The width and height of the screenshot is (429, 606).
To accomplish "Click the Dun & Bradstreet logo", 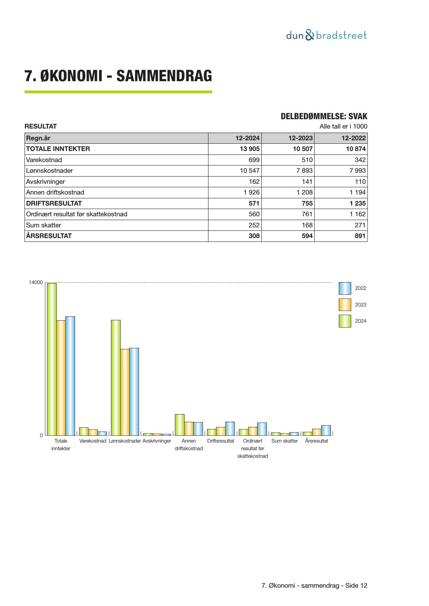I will pos(326,35).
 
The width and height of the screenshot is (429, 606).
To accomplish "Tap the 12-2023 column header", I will pos(300,138).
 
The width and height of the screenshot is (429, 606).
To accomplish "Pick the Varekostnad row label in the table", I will pos(44,160).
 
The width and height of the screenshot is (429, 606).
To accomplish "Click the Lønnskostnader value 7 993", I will pos(357,171).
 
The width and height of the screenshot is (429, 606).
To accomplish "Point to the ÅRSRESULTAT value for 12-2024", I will pos(254,236).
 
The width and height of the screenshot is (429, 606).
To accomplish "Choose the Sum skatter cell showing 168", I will pos(307,225).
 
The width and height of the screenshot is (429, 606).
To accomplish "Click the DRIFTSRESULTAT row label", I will pos(54,203).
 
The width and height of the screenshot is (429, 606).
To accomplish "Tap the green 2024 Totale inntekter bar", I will pos(52,359).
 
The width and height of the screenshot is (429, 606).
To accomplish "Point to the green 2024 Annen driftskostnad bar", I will pos(179,425).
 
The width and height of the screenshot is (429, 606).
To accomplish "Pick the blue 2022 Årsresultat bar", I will pos(326,430).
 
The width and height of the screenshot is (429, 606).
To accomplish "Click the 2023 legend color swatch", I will pos(345,305).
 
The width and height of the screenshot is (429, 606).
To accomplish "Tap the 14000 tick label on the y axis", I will pos(36,283).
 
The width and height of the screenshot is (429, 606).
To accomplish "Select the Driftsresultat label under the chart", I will pos(221,441).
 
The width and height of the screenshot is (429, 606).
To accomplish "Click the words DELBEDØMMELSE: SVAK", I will pos(324,116).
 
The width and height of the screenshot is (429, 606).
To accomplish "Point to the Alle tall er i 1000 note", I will pos(343,126).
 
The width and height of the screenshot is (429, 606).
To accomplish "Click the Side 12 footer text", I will pos(356,586).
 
